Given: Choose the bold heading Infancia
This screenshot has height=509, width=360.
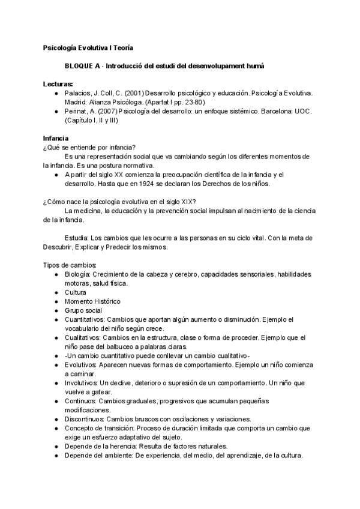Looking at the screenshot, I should (x=55, y=139).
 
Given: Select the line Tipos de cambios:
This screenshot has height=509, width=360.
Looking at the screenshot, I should (x=65, y=265).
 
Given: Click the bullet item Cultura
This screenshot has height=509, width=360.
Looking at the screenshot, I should (x=75, y=292).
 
